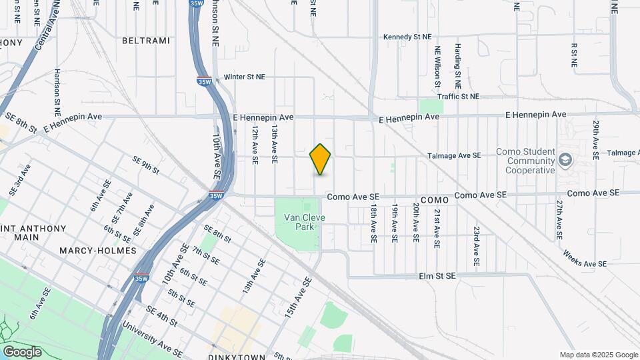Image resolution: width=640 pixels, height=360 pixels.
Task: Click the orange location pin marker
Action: point(321,159)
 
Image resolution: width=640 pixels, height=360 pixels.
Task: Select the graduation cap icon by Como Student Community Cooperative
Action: point(565,159)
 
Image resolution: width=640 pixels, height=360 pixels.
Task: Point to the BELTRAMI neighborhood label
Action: point(146,41)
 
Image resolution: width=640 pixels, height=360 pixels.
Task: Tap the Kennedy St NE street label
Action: point(407,37)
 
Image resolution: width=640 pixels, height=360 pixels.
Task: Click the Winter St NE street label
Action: point(244,77)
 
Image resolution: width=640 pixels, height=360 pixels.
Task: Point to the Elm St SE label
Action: point(437,275)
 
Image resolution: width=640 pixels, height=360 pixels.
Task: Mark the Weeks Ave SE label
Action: point(584,257)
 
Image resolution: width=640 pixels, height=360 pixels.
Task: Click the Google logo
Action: point(22,351)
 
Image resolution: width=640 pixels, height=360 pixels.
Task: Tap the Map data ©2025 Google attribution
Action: point(598,355)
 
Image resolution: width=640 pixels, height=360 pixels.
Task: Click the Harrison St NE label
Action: point(58,88)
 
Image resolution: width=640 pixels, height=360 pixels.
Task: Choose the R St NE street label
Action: point(573,55)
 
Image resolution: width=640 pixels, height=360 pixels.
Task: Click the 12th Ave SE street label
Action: point(255,146)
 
